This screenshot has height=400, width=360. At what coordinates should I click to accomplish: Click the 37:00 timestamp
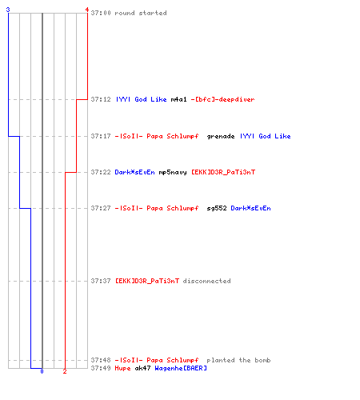pos(101,13)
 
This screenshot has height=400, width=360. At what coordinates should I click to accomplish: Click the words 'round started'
pos(141,13)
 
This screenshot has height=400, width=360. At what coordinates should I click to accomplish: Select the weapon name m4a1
pos(178,99)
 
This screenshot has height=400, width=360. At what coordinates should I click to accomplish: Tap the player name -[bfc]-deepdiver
pos(222,99)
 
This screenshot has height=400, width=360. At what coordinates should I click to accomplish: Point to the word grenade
pos(221,136)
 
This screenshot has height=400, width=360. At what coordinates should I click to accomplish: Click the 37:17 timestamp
pos(101,136)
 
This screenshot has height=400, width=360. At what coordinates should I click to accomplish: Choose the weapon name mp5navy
pos(173,172)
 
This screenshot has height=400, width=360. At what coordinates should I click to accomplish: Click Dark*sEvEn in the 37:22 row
pos(134,172)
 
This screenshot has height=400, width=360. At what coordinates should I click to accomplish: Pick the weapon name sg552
pos(217,208)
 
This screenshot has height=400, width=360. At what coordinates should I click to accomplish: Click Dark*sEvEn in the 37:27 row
pos(250,208)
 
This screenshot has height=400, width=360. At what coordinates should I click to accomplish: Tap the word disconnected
pos(206,281)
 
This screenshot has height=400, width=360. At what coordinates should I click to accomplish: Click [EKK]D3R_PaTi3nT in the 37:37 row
pos(147,281)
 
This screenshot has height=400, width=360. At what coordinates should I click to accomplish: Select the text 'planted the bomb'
pos(238,360)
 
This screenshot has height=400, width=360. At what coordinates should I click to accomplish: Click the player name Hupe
pos(122,368)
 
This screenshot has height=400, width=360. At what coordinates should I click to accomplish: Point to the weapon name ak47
pos(142,368)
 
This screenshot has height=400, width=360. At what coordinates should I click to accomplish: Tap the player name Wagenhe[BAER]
pos(181,368)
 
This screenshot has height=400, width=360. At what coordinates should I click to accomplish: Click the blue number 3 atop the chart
pos(8,10)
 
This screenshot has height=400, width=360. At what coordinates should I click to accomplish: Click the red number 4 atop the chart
pos(87,10)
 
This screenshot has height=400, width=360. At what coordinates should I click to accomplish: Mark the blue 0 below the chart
pos(42,371)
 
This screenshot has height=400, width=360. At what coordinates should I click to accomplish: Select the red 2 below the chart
pos(65,371)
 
